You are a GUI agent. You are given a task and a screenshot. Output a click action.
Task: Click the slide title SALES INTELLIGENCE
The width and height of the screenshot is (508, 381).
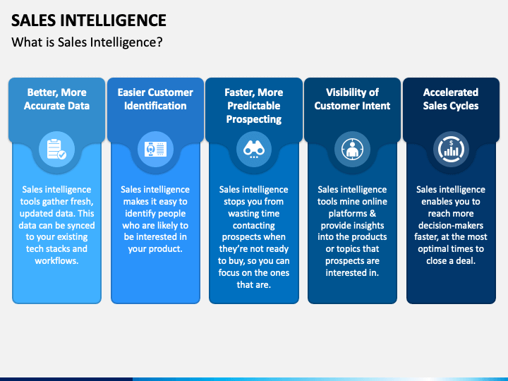click(89, 20)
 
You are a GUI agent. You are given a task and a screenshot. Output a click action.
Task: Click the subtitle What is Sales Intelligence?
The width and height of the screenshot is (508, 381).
click(87, 42)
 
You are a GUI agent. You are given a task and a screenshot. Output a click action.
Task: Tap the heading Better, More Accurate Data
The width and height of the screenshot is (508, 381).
click(56, 99)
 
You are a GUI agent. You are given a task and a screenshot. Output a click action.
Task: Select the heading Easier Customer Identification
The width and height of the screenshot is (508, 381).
click(155, 99)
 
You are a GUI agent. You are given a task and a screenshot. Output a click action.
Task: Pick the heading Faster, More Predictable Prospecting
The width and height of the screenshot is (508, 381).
click(254, 106)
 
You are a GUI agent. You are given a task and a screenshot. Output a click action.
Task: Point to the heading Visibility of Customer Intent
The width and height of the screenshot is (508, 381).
click(352, 99)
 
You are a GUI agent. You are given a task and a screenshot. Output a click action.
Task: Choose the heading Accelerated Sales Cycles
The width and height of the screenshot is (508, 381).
click(451, 99)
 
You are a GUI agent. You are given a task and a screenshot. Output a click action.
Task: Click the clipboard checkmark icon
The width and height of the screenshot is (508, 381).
click(56, 149)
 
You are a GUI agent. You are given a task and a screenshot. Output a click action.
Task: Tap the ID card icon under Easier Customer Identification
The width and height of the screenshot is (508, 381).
click(155, 149)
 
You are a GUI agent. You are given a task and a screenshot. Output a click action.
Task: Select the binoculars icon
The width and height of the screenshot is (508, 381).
click(254, 149)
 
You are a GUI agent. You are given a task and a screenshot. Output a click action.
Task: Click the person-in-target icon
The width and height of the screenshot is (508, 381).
click(352, 149)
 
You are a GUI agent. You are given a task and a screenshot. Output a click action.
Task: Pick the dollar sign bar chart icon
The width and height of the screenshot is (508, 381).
click(451, 149)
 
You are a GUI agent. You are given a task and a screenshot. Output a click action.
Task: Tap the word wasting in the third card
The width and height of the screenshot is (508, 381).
click(243, 213)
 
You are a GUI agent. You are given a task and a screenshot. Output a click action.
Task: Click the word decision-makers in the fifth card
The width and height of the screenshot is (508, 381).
click(451, 225)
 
